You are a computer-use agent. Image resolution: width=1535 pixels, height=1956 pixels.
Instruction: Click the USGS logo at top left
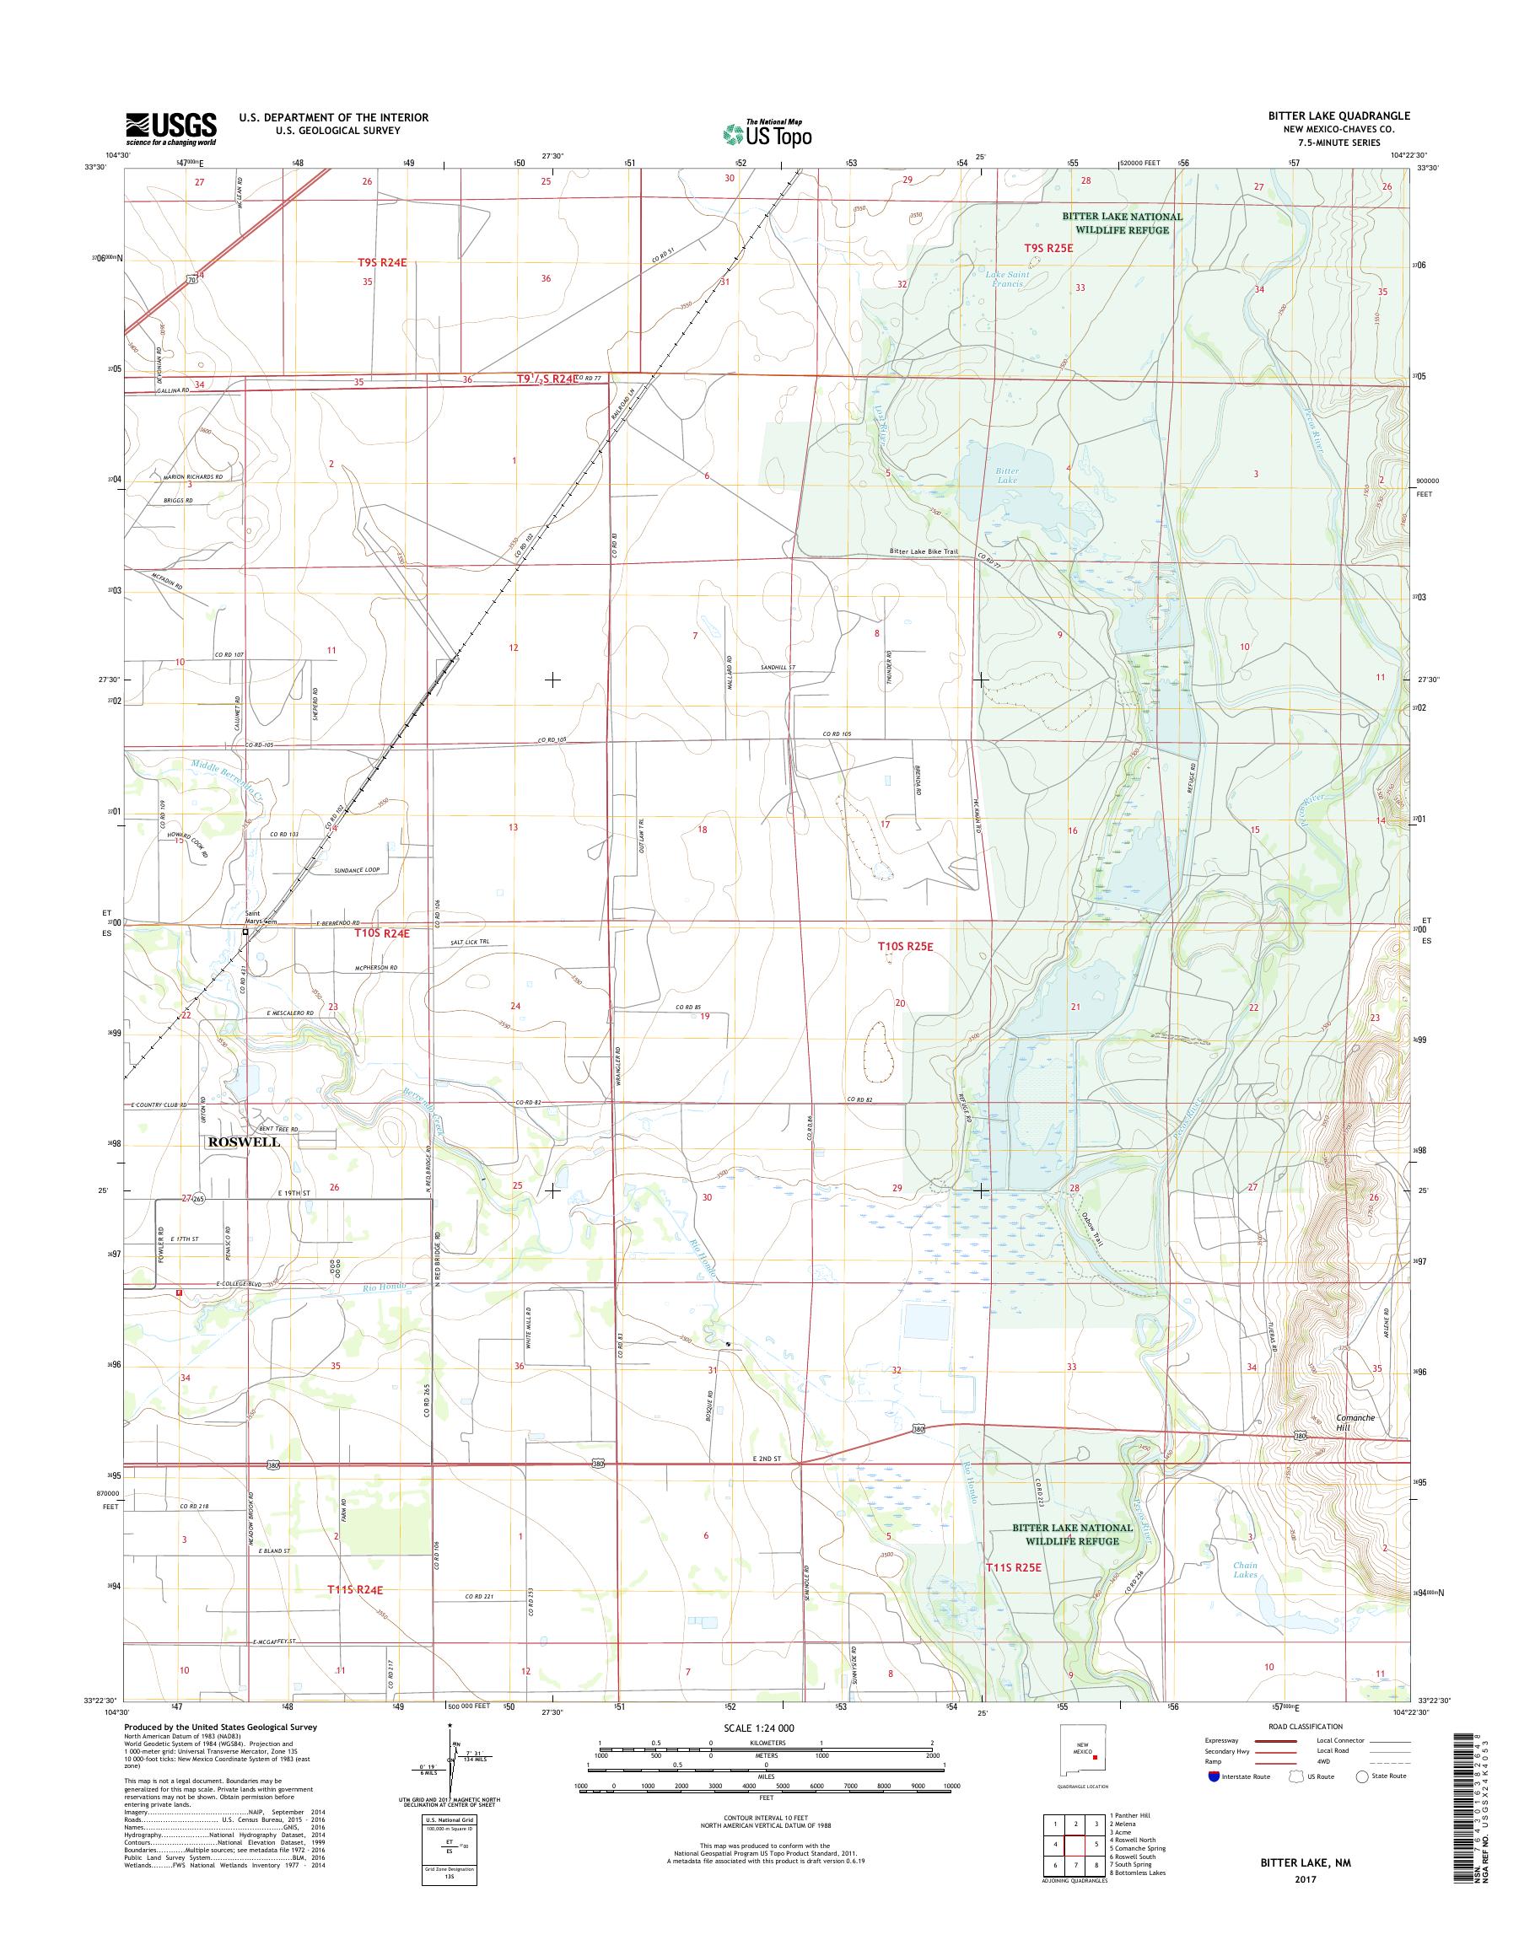pos(170,128)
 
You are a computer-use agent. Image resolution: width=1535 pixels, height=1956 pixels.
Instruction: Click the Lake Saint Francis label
pos(1004,277)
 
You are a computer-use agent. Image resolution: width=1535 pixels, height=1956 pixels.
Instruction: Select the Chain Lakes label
pos(1246,1570)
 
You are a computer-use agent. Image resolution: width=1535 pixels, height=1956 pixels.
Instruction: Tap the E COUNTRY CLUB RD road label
pos(164,1103)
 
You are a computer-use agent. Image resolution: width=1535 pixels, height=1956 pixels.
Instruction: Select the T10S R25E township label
pos(913,946)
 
